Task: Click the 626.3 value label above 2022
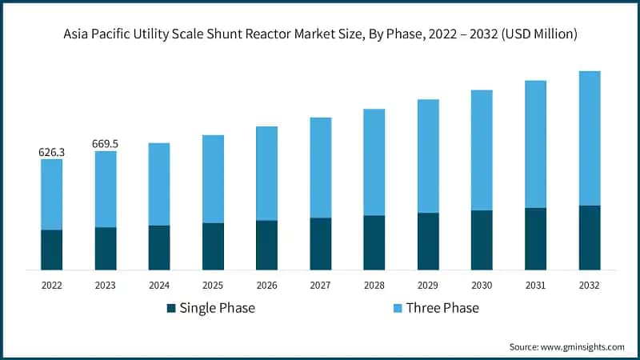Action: pyautogui.click(x=51, y=152)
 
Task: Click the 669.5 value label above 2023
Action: pyautogui.click(x=105, y=144)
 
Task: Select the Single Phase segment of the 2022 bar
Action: pyautogui.click(x=51, y=250)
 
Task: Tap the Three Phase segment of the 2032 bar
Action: pyautogui.click(x=590, y=138)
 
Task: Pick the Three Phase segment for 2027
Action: pyautogui.click(x=321, y=168)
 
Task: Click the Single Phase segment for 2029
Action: pyautogui.click(x=428, y=241)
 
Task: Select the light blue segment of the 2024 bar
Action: pyautogui.click(x=159, y=184)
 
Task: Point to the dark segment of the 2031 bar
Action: pyautogui.click(x=536, y=238)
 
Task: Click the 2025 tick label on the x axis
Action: pyautogui.click(x=213, y=285)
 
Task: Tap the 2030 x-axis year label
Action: pyautogui.click(x=482, y=285)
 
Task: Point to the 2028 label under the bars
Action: pyautogui.click(x=374, y=285)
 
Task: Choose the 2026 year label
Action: pyautogui.click(x=266, y=285)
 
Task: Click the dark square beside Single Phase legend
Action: pyautogui.click(x=171, y=308)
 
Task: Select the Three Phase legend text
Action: pyautogui.click(x=442, y=308)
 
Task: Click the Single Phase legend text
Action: pyautogui.click(x=217, y=308)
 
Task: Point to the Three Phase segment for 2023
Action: pyautogui.click(x=105, y=189)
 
